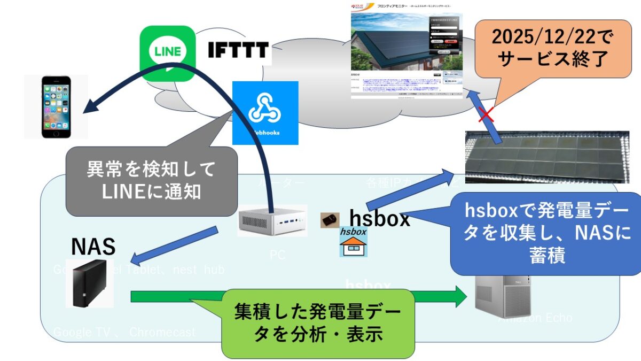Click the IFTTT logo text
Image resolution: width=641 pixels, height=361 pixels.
(x=238, y=51)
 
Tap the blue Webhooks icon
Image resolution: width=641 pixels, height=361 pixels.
(x=265, y=113)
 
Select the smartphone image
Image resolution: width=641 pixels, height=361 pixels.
(x=56, y=106)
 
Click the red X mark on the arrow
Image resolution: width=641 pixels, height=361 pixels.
(x=485, y=114)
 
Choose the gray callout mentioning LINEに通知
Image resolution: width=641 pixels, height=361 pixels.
(x=151, y=182)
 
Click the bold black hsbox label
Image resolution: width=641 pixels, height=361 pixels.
(x=380, y=218)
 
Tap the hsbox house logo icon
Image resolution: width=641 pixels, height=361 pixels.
(x=354, y=242)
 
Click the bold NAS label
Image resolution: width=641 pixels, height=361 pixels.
(x=93, y=247)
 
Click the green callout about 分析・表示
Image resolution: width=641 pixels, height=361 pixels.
(x=317, y=324)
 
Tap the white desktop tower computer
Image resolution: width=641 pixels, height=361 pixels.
(x=503, y=297)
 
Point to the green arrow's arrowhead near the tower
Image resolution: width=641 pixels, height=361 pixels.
(x=460, y=296)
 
